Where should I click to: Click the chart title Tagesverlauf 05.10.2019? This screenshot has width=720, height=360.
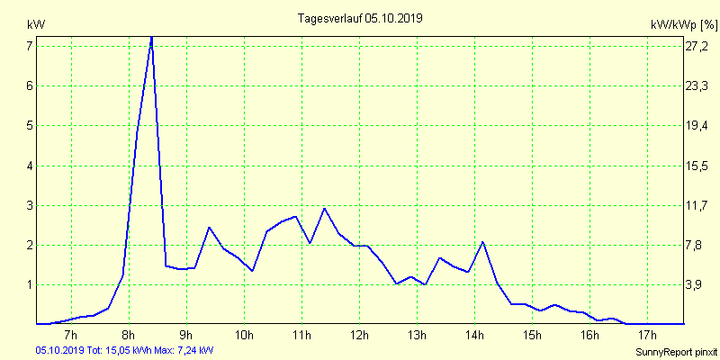[360, 18]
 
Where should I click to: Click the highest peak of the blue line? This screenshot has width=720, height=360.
[151, 37]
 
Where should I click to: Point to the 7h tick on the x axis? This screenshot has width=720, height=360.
[71, 337]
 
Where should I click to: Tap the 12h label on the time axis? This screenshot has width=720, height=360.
[360, 337]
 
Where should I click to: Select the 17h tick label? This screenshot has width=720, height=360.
[647, 337]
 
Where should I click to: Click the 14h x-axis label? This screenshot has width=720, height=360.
[474, 337]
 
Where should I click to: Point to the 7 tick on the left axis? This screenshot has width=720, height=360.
[29, 46]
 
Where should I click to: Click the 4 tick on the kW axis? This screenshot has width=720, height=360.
[29, 166]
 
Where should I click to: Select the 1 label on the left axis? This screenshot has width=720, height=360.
[29, 284]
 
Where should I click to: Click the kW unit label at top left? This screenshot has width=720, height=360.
[35, 23]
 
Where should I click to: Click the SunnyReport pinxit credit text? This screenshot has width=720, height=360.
[679, 350]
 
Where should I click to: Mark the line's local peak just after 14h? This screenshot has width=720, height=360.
[483, 242]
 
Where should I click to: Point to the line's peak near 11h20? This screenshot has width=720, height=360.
[324, 208]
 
